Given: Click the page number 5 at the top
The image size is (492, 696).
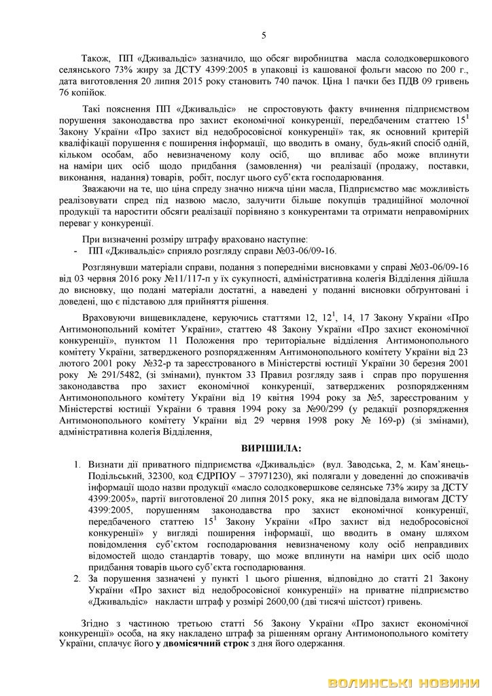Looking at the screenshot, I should [264, 35].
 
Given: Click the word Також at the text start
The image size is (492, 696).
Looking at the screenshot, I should [95, 58].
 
